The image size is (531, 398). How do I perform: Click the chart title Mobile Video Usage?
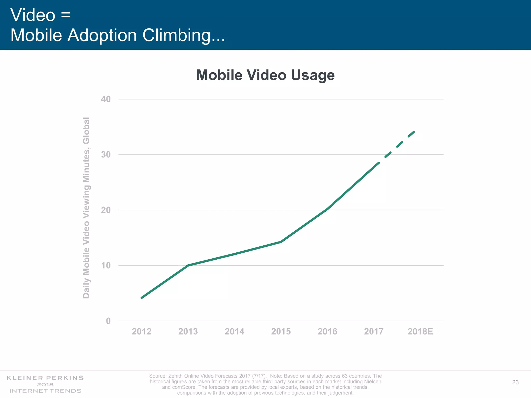pyautogui.click(x=265, y=75)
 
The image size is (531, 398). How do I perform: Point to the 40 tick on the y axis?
pyautogui.click(x=105, y=99)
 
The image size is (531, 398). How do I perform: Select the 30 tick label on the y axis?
pyautogui.click(x=105, y=155)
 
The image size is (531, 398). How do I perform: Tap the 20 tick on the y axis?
pyautogui.click(x=105, y=210)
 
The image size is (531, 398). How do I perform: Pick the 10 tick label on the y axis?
pyautogui.click(x=105, y=266)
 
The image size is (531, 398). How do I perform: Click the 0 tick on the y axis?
pyautogui.click(x=108, y=321)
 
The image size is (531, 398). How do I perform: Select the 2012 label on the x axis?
pyautogui.click(x=142, y=331)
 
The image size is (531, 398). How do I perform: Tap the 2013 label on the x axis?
pyautogui.click(x=188, y=331)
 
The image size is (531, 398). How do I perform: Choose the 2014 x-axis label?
pyautogui.click(x=234, y=331)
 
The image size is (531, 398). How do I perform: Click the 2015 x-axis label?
pyautogui.click(x=281, y=331)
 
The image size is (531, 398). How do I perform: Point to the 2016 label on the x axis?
pyautogui.click(x=327, y=331)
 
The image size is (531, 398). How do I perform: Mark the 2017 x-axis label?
pyautogui.click(x=374, y=331)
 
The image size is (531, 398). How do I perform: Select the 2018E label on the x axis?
pyautogui.click(x=420, y=331)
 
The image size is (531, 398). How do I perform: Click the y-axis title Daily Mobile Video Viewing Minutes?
pyautogui.click(x=86, y=208)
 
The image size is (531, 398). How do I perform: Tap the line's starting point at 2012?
pyautogui.click(x=142, y=298)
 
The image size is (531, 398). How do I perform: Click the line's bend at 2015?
pyautogui.click(x=281, y=242)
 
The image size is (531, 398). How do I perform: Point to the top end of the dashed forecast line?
pyautogui.click(x=414, y=132)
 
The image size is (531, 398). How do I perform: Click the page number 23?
pyautogui.click(x=515, y=382)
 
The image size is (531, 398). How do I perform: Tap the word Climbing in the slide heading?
pyautogui.click(x=184, y=35)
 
